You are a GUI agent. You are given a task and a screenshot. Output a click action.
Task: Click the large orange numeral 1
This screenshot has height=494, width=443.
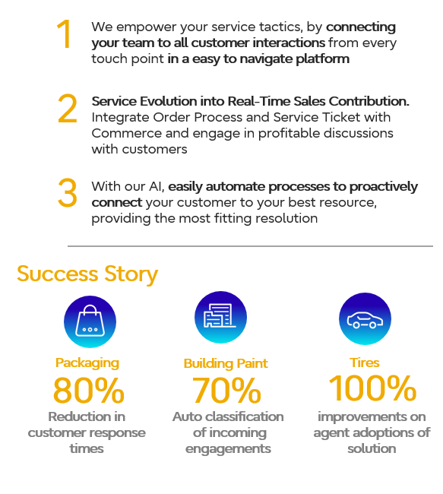click(64, 33)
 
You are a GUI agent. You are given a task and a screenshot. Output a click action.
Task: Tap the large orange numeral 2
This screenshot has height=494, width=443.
click(68, 109)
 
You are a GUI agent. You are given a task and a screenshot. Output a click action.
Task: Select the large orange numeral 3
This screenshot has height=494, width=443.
click(68, 192)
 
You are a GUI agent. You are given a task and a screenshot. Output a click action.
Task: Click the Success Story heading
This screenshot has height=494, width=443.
click(87, 274)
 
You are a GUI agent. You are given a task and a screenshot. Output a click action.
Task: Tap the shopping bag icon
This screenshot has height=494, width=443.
click(90, 321)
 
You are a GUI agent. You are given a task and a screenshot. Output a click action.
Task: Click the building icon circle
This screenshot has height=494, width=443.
click(220, 317)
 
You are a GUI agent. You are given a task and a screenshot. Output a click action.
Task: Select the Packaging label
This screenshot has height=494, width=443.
click(87, 363)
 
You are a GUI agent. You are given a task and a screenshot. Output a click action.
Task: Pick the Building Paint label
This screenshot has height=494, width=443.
click(226, 363)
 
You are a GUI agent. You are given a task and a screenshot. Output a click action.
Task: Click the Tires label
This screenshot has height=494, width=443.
click(365, 363)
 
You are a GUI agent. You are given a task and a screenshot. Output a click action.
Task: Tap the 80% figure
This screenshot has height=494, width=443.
click(89, 391)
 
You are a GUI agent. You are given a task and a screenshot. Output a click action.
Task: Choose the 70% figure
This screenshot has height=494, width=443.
click(226, 391)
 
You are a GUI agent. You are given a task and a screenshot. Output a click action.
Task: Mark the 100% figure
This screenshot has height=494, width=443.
click(372, 388)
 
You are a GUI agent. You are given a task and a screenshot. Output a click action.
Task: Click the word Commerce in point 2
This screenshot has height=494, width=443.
click(127, 133)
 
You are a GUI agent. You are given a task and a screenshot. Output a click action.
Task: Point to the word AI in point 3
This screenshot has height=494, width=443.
click(157, 186)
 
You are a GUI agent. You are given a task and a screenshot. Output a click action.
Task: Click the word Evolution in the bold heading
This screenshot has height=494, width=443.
click(169, 101)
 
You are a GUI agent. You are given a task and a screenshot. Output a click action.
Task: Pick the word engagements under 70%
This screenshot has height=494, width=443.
click(228, 449)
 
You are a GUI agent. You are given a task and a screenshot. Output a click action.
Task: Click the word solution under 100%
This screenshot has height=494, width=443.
click(372, 448)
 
